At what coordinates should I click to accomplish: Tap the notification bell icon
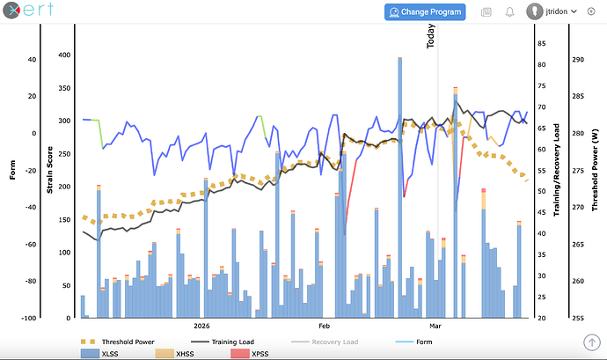point(509,11)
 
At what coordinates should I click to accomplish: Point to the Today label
point(431,35)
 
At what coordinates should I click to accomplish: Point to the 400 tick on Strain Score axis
point(63,55)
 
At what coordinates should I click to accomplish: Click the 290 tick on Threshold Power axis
point(578,60)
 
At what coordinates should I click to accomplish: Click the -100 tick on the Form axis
point(29,318)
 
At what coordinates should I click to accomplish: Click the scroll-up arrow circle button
point(590,342)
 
